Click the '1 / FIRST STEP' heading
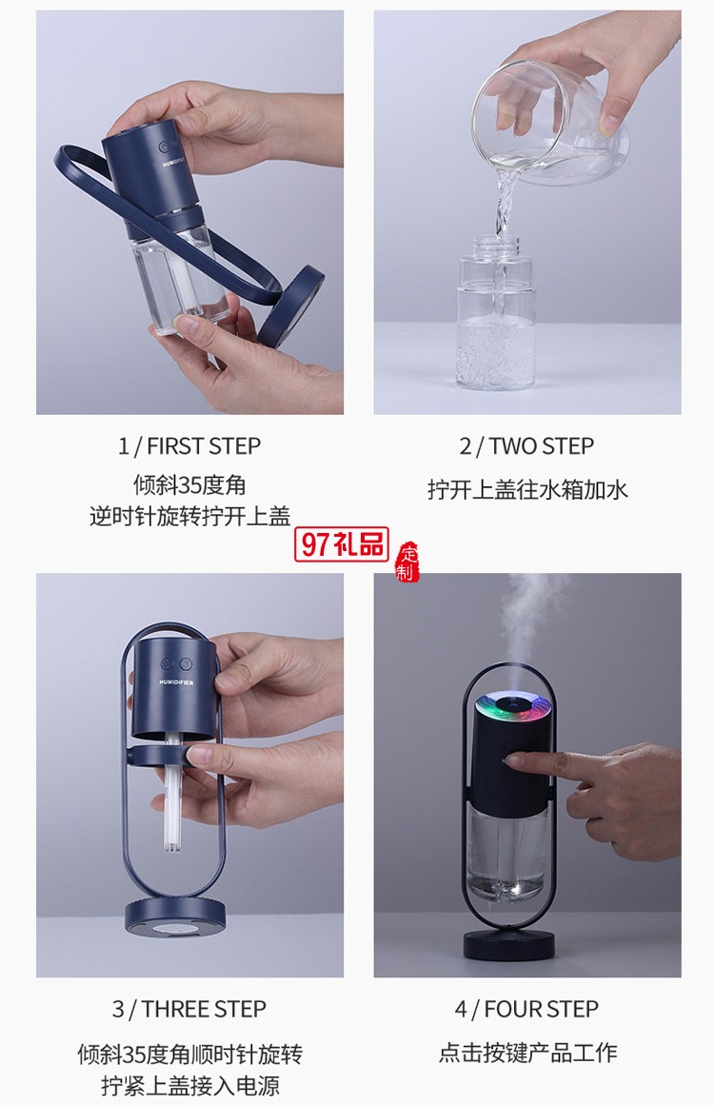[x=189, y=445]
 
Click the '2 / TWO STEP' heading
[x=526, y=445]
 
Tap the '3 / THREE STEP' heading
[x=189, y=1009]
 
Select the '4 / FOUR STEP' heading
[x=526, y=1009]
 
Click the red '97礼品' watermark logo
[x=344, y=543]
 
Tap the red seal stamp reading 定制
[x=407, y=562]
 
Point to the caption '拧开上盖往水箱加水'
[x=527, y=490]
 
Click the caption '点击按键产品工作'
[x=527, y=1052]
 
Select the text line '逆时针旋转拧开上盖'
[x=189, y=517]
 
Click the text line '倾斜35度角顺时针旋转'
[x=189, y=1054]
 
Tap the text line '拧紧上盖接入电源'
[x=189, y=1086]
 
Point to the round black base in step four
[x=509, y=943]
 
